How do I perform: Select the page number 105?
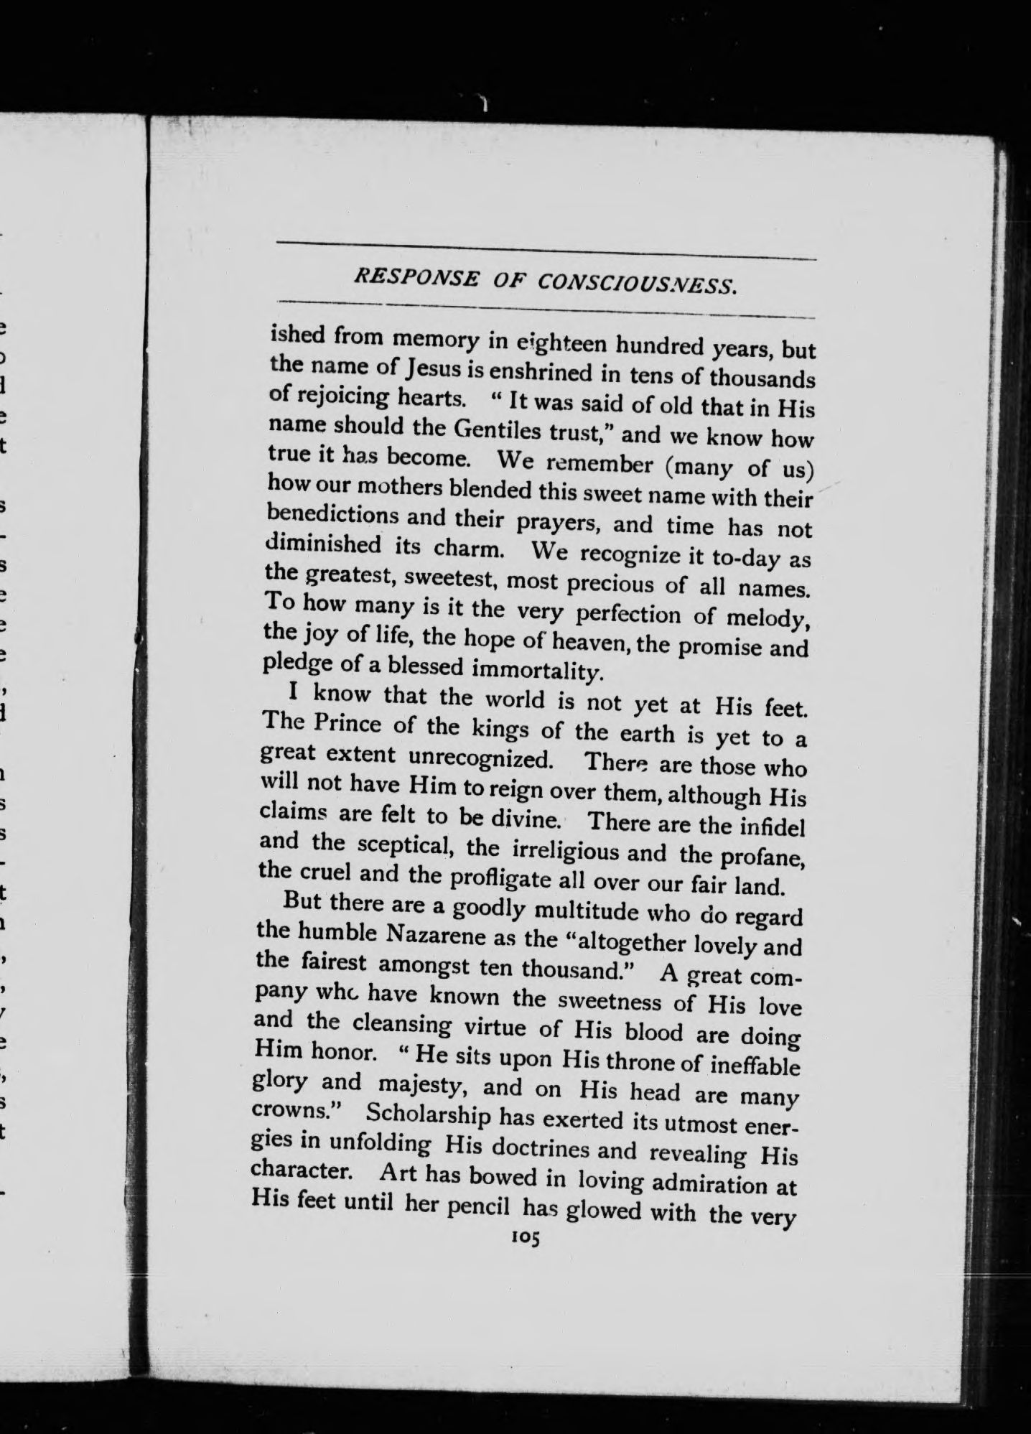point(526,1237)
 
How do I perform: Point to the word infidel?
point(770,826)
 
